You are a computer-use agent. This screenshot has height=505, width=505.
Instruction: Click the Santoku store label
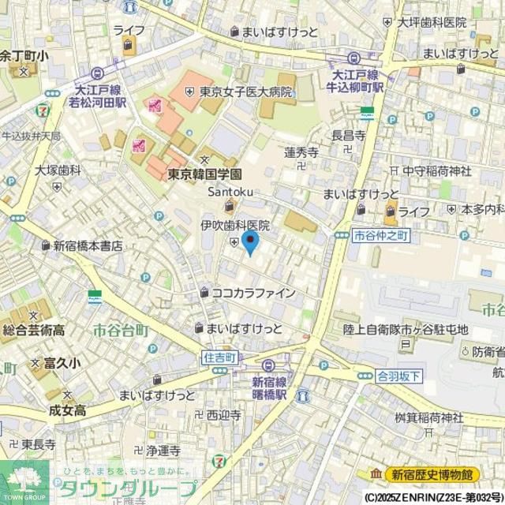pyautogui.click(x=229, y=192)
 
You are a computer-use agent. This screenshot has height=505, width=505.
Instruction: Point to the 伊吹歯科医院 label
pyautogui.click(x=234, y=226)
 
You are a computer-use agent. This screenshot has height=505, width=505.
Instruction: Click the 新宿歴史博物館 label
pyautogui.click(x=432, y=474)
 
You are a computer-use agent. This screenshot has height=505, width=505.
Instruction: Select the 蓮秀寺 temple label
pyautogui.click(x=301, y=151)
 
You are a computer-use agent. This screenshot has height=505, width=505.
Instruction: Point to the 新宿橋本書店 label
pyautogui.click(x=88, y=245)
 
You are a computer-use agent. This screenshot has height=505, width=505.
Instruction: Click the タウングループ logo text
pyautogui.click(x=125, y=488)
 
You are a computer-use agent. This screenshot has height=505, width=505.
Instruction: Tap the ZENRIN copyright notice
pyautogui.click(x=432, y=498)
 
